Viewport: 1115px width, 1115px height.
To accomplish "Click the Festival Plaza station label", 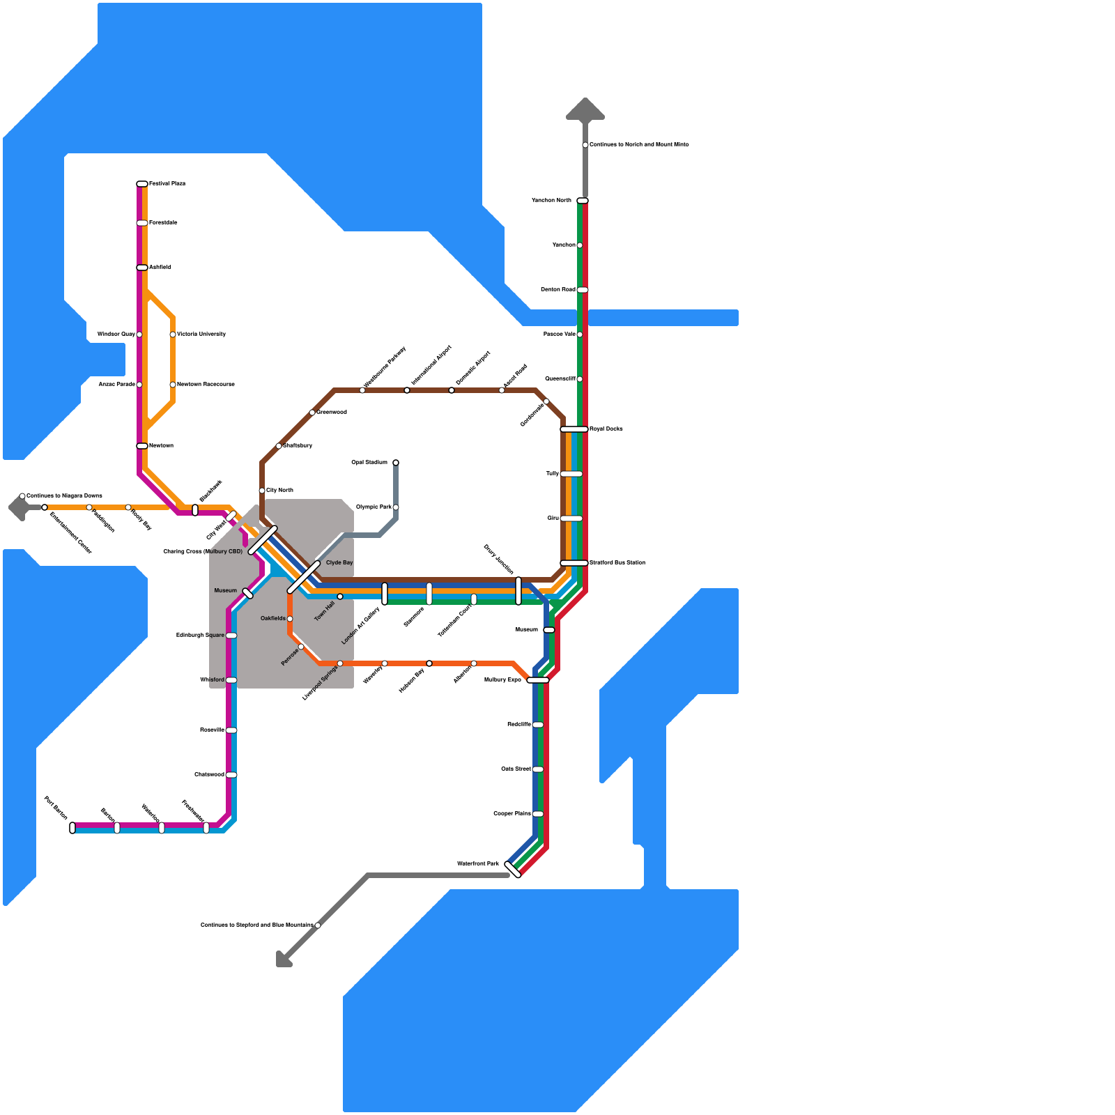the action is pyautogui.click(x=167, y=184).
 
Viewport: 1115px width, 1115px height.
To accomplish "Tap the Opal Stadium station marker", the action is pyautogui.click(x=396, y=463).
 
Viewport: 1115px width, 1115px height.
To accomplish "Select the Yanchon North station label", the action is pyautogui.click(x=551, y=201).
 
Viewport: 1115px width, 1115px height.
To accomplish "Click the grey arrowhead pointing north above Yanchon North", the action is pyautogui.click(x=585, y=109).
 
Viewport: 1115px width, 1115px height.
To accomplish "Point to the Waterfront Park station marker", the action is pyautogui.click(x=513, y=869).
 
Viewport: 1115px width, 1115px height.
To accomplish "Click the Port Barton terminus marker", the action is pyautogui.click(x=72, y=828).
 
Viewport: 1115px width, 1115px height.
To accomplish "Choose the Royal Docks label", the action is pyautogui.click(x=606, y=429).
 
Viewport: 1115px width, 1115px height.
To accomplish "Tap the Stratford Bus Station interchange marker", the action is pyautogui.click(x=574, y=563).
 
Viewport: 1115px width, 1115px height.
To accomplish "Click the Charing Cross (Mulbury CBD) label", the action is pyautogui.click(x=203, y=552).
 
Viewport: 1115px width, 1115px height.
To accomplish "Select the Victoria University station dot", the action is pyautogui.click(x=173, y=334).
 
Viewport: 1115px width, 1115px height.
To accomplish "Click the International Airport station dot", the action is pyautogui.click(x=407, y=390).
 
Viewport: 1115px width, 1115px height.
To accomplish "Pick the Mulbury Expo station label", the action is pyautogui.click(x=502, y=680).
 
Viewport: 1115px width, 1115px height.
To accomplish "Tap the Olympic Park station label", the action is pyautogui.click(x=374, y=507).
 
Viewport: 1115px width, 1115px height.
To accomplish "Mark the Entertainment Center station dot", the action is pyautogui.click(x=45, y=507).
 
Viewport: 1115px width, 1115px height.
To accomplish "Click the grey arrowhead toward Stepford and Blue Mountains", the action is pyautogui.click(x=283, y=960).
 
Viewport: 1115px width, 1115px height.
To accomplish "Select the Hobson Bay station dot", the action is pyautogui.click(x=429, y=663).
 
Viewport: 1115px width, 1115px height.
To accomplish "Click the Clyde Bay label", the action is pyautogui.click(x=339, y=563).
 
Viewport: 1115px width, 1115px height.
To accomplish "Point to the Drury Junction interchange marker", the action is pyautogui.click(x=518, y=591).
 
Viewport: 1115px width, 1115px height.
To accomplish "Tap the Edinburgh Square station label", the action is pyautogui.click(x=200, y=636).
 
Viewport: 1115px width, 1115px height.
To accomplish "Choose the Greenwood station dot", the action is pyautogui.click(x=312, y=413).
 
